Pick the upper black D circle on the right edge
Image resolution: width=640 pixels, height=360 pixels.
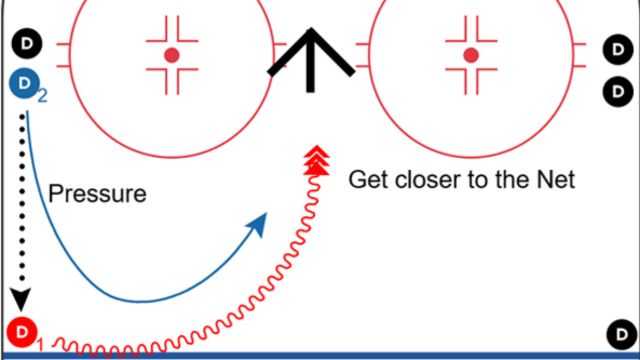click(x=616, y=48)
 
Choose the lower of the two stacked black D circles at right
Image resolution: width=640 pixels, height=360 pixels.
click(x=616, y=92)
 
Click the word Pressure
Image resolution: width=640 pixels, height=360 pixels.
click(x=97, y=193)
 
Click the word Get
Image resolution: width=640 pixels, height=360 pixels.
click(x=366, y=180)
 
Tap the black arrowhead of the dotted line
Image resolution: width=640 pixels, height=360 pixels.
click(x=20, y=297)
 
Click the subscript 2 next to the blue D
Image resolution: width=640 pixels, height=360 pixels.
click(x=42, y=97)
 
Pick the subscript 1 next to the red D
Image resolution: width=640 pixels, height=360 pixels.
click(x=40, y=345)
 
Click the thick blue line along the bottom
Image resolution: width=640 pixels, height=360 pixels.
click(x=320, y=355)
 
